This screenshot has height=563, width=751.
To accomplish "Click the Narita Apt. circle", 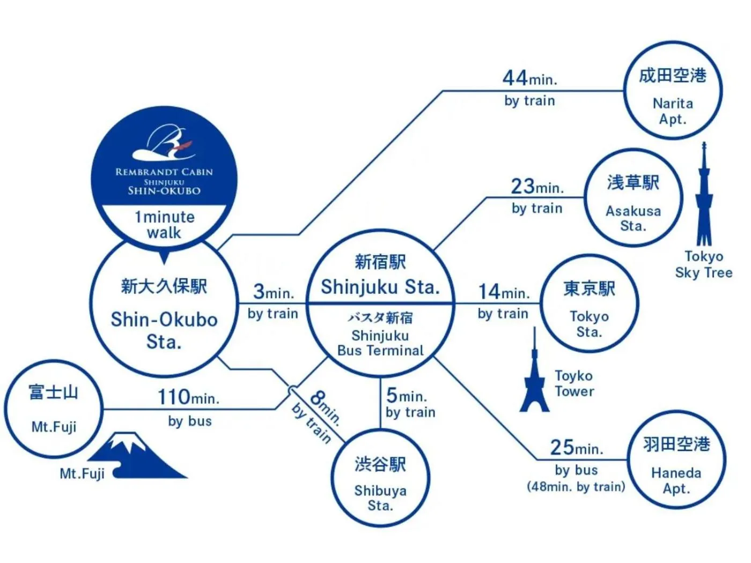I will (673, 91).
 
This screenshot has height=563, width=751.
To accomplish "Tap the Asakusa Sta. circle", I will (633, 198).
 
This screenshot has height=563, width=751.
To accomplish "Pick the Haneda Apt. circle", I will (676, 460).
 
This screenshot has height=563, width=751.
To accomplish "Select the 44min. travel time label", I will (529, 79).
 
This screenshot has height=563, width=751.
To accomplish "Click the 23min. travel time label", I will (537, 187).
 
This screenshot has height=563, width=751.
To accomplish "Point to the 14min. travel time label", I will (503, 292).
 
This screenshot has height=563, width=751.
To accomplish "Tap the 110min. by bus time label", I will (188, 398).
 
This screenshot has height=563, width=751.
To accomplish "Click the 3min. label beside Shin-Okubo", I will (273, 292).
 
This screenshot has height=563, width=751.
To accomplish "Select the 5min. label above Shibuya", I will (406, 396).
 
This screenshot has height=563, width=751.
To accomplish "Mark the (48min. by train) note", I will (576, 487).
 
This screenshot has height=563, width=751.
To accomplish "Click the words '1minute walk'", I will (164, 225).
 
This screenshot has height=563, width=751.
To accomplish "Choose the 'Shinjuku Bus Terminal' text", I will (380, 343).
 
